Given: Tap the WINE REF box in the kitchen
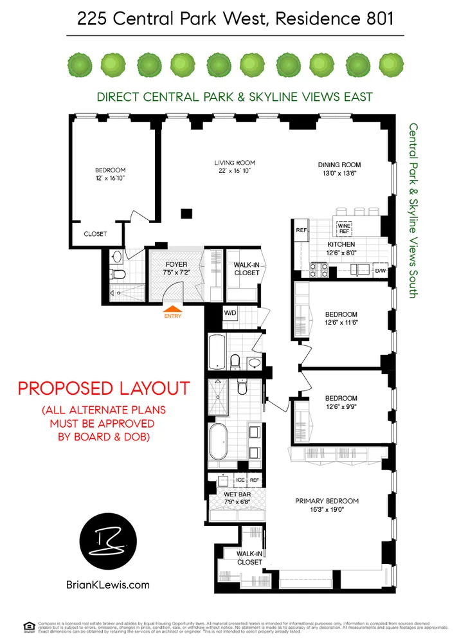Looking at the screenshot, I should [344, 228].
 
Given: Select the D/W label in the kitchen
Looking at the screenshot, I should [381, 270].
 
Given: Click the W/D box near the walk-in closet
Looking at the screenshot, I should [230, 313].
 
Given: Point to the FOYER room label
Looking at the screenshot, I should [175, 264].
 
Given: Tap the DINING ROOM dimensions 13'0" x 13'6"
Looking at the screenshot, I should [339, 174].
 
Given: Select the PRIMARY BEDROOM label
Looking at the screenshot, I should [327, 501].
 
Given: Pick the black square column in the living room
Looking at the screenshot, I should [186, 213].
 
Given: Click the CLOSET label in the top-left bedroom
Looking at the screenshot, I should [95, 234].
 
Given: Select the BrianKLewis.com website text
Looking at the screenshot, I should [107, 584].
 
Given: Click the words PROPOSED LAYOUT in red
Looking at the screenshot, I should [104, 388].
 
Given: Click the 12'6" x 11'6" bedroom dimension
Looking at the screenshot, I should [341, 323].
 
